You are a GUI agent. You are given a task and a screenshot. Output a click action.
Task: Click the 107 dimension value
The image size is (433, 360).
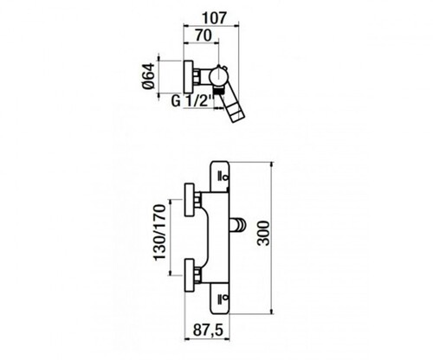214,18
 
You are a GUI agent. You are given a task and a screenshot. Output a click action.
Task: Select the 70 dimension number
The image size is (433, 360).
204,35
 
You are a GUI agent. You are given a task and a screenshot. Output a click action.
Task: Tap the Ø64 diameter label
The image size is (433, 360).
149,76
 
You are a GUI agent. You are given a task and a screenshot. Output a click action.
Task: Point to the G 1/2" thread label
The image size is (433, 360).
192,101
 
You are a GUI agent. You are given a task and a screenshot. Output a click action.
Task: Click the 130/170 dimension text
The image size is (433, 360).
159,233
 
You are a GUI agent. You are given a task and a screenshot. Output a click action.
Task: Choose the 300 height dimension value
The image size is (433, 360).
263,233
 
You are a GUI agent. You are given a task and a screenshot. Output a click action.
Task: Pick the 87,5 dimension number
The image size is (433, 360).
208,331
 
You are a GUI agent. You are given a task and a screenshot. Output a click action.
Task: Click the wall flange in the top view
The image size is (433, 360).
189,77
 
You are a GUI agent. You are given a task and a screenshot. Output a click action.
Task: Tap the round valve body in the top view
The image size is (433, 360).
218,76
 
